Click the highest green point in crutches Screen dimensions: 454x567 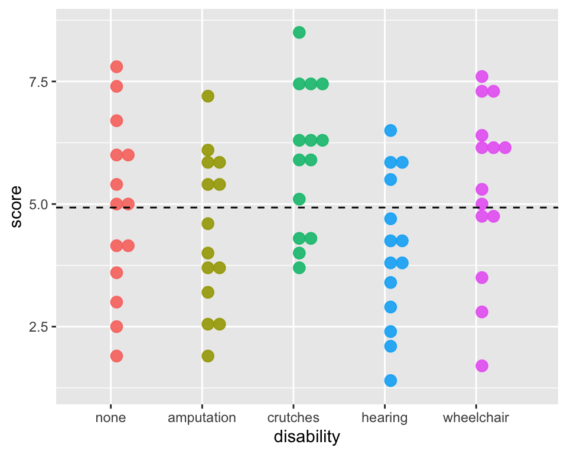299,32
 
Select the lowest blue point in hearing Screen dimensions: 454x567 390,380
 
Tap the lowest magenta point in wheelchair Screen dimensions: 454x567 482,366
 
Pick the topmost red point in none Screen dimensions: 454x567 116,67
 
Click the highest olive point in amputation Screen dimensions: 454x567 208,96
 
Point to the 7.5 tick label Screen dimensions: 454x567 38,82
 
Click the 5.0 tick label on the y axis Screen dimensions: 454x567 38,204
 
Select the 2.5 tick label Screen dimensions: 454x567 38,327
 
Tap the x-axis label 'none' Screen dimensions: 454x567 110,418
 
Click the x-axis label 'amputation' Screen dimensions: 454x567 202,418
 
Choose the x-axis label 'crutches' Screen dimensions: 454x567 294,418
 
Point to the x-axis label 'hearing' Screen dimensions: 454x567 384,418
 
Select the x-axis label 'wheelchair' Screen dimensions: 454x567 476,418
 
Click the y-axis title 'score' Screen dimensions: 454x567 17,207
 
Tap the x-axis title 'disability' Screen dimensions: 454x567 307,437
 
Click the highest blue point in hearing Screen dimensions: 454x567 390,130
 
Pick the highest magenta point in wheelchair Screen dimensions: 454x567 482,76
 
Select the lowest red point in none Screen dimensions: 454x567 116,356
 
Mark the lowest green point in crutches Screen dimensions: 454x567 299,268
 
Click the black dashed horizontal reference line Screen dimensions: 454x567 354,207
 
